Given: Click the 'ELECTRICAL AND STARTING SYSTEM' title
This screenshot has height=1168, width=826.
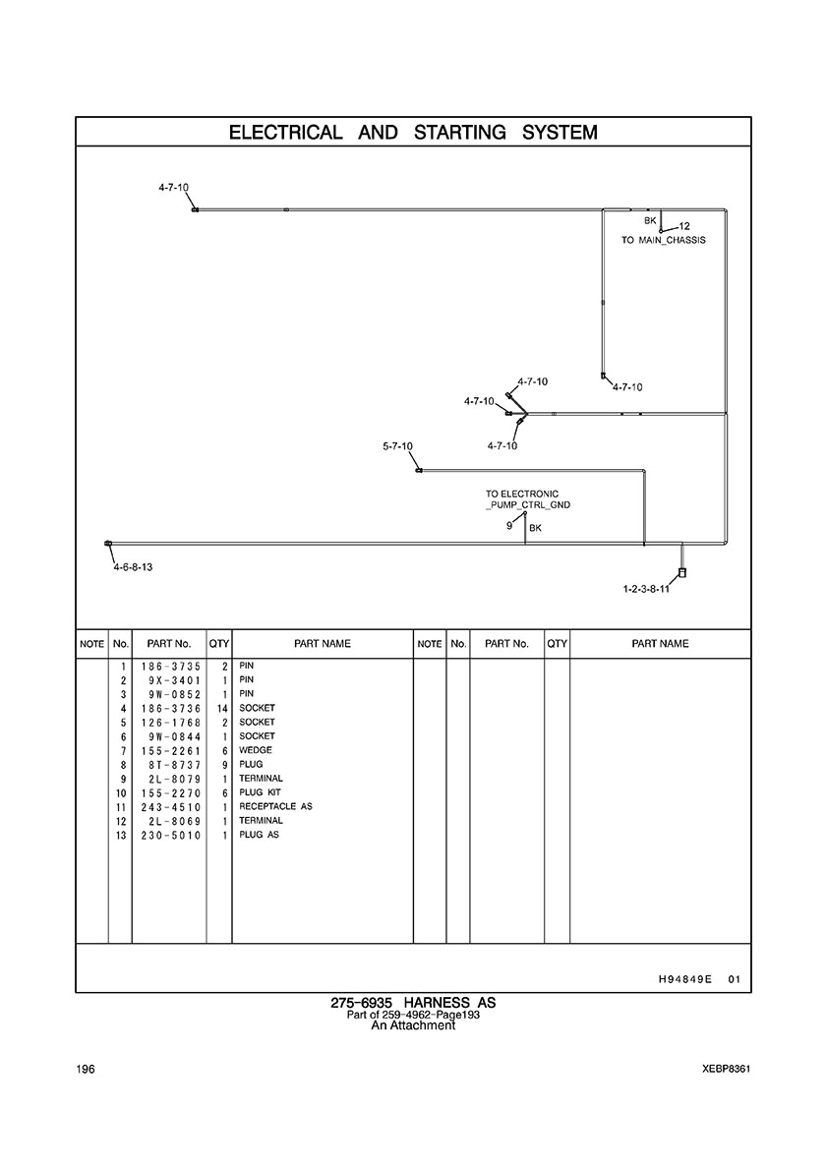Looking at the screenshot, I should [x=413, y=132].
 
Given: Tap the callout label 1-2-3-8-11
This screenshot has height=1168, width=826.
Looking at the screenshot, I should [x=646, y=589].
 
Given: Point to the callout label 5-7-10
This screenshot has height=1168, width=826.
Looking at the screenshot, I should [x=397, y=446].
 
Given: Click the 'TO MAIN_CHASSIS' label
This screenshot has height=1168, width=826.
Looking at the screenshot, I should [x=663, y=240].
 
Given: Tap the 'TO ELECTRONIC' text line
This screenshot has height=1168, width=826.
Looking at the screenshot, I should [x=522, y=494].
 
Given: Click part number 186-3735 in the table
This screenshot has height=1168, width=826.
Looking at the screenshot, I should [x=168, y=666].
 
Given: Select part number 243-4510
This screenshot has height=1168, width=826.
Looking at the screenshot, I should [x=168, y=806].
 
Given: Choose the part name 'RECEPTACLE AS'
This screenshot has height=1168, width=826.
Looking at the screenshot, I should [x=275, y=806].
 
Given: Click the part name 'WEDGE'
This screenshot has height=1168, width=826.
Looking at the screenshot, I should [x=256, y=750].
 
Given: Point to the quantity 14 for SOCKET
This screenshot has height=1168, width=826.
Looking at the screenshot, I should [x=223, y=708].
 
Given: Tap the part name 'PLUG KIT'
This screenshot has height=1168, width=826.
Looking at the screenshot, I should [x=260, y=792].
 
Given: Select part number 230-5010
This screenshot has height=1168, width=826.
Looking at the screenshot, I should [x=168, y=835].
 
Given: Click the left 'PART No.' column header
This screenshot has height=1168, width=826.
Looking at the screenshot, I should [x=168, y=644].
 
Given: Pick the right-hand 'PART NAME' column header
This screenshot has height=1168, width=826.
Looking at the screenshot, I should [x=660, y=644].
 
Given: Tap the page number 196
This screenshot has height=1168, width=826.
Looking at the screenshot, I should [x=85, y=1070].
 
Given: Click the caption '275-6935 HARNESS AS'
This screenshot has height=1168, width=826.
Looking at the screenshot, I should [x=413, y=1003].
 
